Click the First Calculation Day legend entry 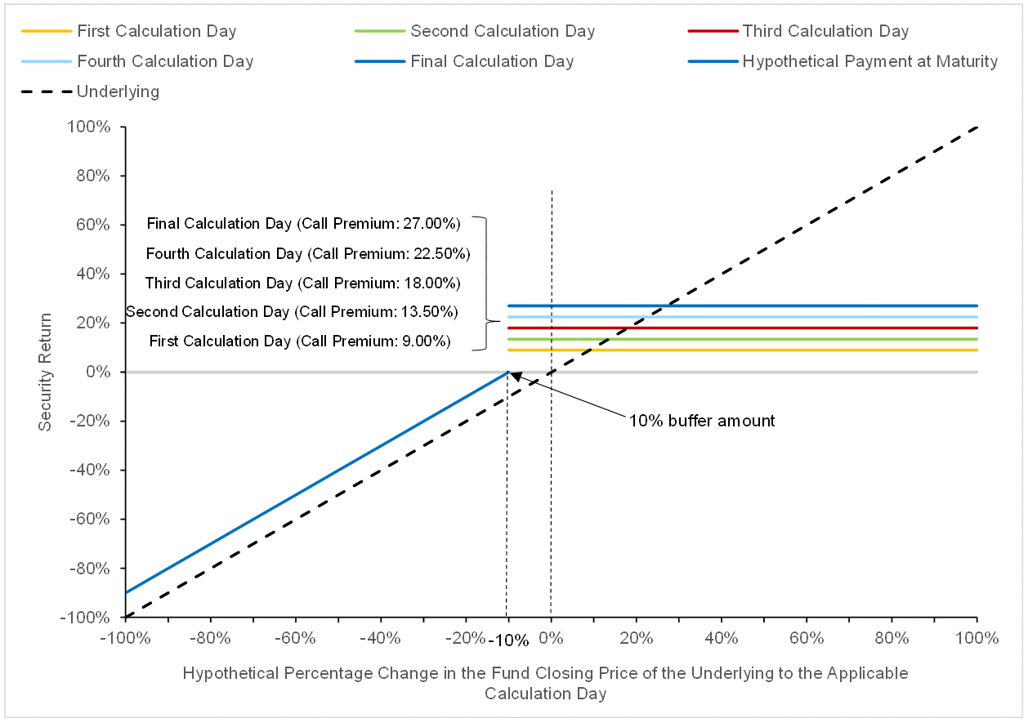click(129, 31)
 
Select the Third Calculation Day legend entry click(798, 31)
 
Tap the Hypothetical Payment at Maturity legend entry click(843, 61)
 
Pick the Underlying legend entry click(91, 91)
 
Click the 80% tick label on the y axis click(93, 176)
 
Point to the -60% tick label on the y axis click(90, 519)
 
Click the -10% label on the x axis click(508, 640)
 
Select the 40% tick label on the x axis click(722, 638)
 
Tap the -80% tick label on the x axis click(211, 638)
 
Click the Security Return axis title click(45, 372)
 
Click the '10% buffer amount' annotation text click(702, 421)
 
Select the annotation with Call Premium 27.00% click(303, 223)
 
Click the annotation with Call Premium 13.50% click(292, 312)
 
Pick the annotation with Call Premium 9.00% click(300, 341)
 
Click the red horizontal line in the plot click(743, 328)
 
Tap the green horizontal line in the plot click(743, 339)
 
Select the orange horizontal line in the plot click(743, 350)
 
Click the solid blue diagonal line click(317, 482)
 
